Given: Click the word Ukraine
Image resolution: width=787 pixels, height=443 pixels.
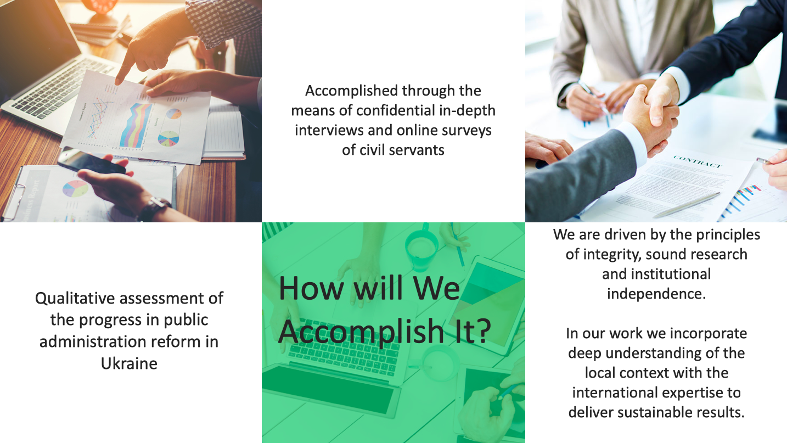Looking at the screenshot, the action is (129, 363).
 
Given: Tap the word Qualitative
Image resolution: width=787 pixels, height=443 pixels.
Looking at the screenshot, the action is (75, 298).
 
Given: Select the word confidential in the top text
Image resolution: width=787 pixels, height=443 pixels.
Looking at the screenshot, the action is (396, 111).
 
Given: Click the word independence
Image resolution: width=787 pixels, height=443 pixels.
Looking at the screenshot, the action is (656, 294).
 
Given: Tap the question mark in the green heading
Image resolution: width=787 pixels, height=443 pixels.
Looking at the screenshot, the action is (484, 331).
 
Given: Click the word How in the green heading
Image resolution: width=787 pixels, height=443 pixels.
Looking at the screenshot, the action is (311, 288).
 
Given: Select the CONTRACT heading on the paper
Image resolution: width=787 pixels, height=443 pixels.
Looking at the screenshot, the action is (698, 161).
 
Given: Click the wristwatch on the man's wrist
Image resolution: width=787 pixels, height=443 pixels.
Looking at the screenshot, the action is (155, 209).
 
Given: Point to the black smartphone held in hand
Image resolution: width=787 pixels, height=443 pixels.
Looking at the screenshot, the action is (91, 161).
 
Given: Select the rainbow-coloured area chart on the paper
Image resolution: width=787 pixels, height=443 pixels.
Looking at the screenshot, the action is (135, 125).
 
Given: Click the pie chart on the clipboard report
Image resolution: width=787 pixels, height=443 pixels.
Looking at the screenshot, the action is (75, 189).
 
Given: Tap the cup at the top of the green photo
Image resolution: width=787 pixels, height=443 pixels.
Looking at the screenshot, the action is (421, 248).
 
